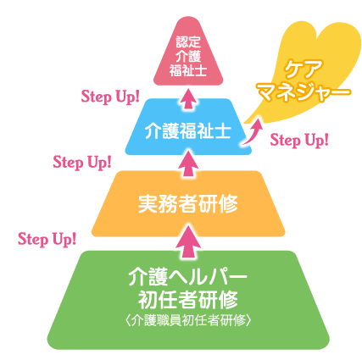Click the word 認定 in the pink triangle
188,42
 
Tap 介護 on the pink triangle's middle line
188,56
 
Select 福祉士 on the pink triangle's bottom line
188,70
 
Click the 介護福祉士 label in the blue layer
188,130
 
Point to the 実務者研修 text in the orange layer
188,203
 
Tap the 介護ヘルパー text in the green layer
188,277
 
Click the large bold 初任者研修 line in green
188,299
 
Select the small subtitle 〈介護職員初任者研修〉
188,320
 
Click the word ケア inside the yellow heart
304,69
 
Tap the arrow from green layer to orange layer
188,242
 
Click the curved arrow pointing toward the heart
253,131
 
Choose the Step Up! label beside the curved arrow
299,140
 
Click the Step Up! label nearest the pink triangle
110,97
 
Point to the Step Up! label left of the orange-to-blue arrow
82,163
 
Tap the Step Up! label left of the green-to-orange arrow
47,239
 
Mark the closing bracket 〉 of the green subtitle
248,320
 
